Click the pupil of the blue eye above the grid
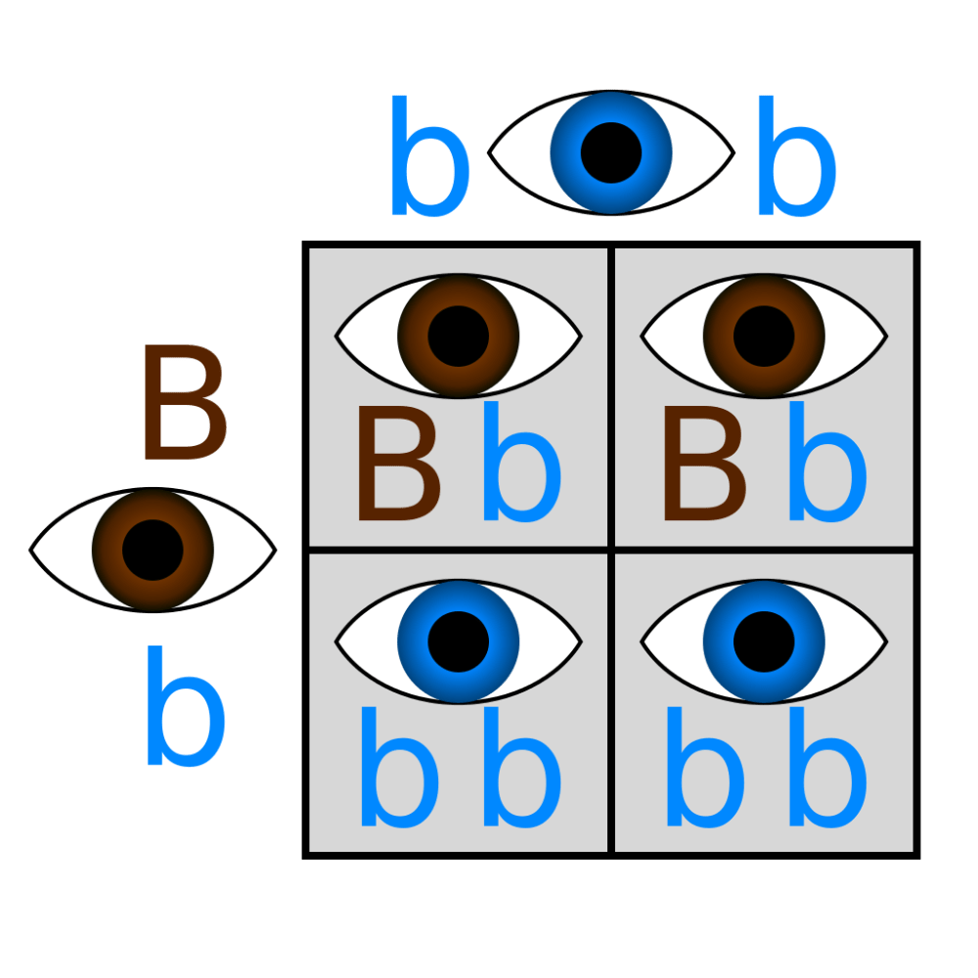tap(610, 153)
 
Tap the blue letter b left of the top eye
tap(429, 156)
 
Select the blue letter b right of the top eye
tap(796, 156)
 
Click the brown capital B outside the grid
tap(185, 402)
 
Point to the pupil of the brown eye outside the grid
tap(153, 550)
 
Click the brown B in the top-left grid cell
tap(399, 463)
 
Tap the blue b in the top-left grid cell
tap(522, 462)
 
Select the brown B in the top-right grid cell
tap(705, 463)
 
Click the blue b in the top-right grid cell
tap(827, 462)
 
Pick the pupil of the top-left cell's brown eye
tap(459, 336)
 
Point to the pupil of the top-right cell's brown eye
tap(764, 336)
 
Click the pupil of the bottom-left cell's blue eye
tap(459, 642)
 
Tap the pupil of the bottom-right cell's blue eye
tap(764, 642)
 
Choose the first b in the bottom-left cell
tap(400, 767)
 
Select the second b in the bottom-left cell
tap(522, 767)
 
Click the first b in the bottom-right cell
tap(705, 767)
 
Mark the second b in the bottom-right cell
tap(827, 767)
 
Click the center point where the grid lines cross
tap(611, 550)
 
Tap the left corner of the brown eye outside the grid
tap(30, 550)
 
